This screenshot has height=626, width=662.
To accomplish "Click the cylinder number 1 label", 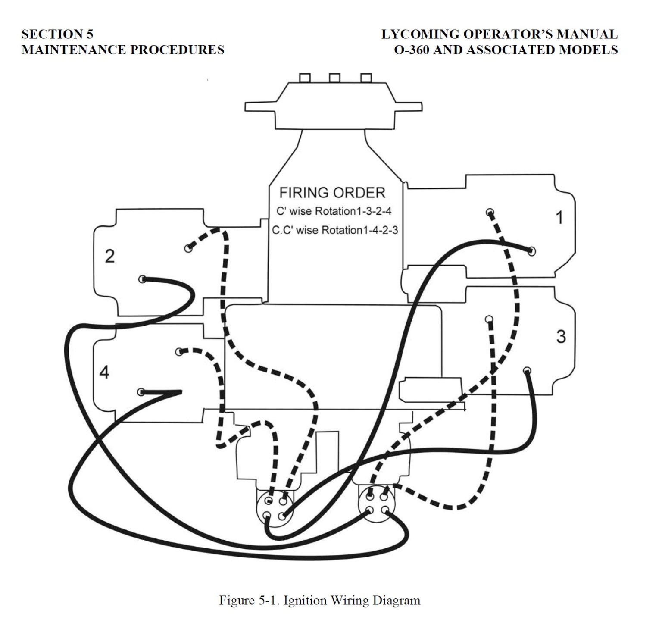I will tap(559, 218).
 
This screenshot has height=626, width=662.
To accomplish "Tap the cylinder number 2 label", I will tap(110, 257).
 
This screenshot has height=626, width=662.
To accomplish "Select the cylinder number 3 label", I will tap(561, 337).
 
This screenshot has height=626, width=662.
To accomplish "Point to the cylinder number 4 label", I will tap(104, 372).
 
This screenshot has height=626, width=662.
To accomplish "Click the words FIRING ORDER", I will tap(332, 192).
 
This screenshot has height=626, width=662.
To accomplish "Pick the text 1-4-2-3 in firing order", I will tap(379, 230).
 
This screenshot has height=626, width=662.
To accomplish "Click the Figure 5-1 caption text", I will tap(319, 600).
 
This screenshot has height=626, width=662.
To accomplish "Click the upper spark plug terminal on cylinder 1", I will tap(490, 212).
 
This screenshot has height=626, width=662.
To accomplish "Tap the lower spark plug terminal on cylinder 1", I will tap(532, 251).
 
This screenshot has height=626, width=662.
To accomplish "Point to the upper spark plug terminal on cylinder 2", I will tap(188, 248).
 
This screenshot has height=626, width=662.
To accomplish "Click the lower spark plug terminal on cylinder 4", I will tap(141, 392).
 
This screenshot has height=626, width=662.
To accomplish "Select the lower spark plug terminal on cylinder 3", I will tap(527, 370).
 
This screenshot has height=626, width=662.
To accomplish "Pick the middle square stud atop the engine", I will tap(334, 78).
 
